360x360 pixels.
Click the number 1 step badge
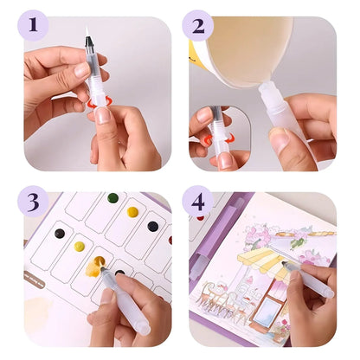[x=34, y=26]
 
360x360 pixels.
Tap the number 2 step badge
[x=198, y=26]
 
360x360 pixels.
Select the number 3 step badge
[x=34, y=202]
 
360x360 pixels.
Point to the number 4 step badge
[x=198, y=202]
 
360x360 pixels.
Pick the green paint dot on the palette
[x=112, y=198]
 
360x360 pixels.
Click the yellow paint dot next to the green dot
[x=132, y=212]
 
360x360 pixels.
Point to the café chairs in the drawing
[x=225, y=303]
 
